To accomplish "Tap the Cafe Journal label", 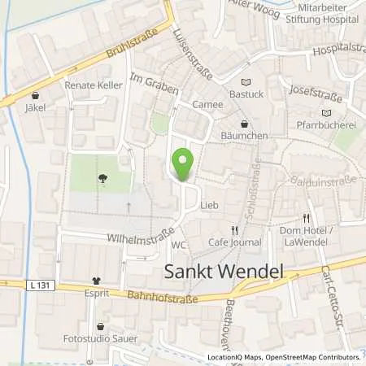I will (234, 242).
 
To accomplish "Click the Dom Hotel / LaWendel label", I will (307, 236).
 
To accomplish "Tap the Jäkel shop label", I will (34, 107).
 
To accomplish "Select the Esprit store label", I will (97, 290).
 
